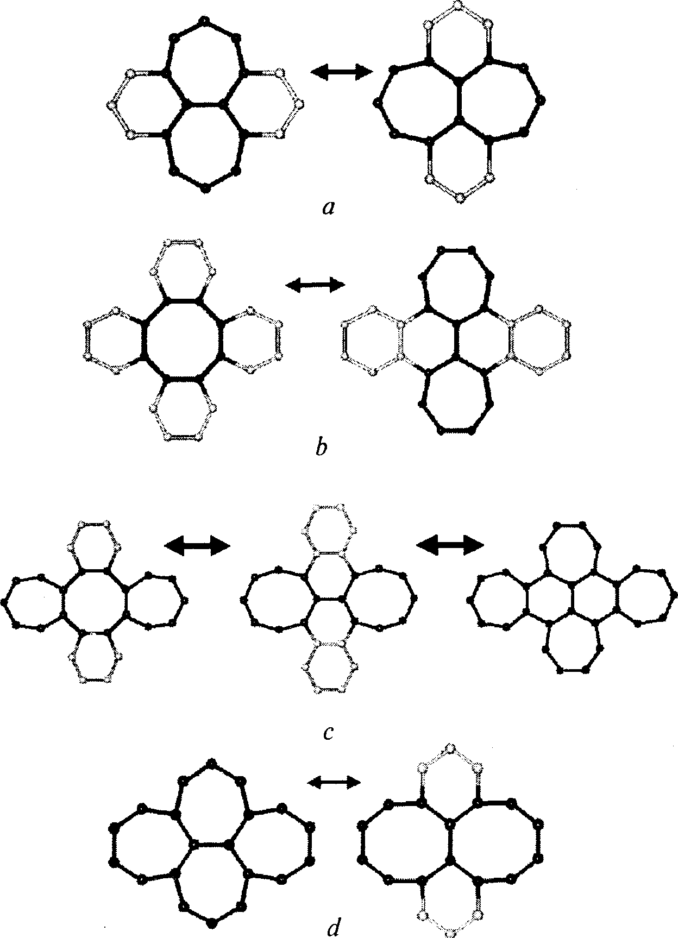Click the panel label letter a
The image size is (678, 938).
coord(328,207)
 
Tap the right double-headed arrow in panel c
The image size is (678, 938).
coord(449,545)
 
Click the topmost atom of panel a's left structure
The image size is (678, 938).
coord(204,21)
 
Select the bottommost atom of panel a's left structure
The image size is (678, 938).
coord(205,188)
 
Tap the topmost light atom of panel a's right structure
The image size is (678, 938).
coord(459,5)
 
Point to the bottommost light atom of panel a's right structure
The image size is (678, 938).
coord(460,197)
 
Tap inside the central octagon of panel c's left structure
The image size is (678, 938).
coord(95,601)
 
